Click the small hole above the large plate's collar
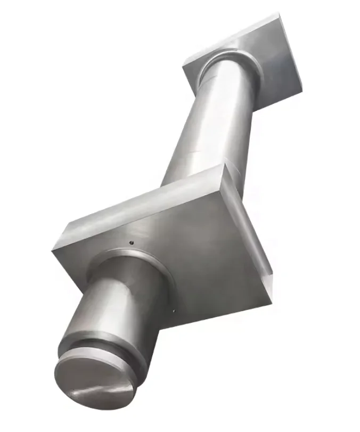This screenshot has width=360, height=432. click(x=131, y=244)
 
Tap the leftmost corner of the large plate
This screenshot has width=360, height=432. click(x=54, y=246)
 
